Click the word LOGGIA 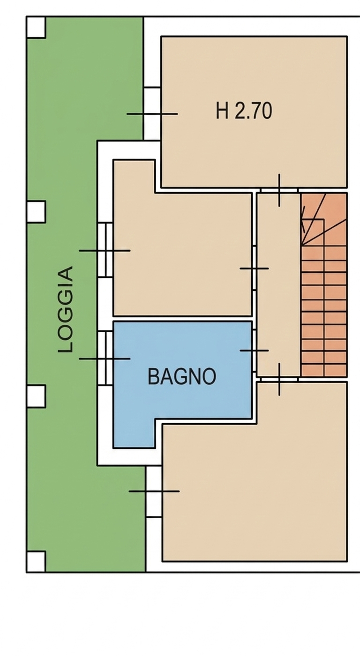pyautogui.click(x=65, y=309)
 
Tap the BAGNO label pyautogui.click(x=182, y=377)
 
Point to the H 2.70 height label pyautogui.click(x=244, y=111)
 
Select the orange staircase pyautogui.click(x=324, y=285)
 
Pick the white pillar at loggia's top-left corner pyautogui.click(x=36, y=27)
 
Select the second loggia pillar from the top pyautogui.click(x=36, y=211)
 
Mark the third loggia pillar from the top pyautogui.click(x=36, y=396)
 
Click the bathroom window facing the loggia pyautogui.click(x=105, y=358)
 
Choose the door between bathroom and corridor pyautogui.click(x=254, y=350)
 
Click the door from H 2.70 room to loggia pyautogui.click(x=152, y=113)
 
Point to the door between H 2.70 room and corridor pyautogui.click(x=279, y=190)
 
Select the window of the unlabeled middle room pyautogui.click(x=105, y=250)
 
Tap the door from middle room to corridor pyautogui.click(x=254, y=268)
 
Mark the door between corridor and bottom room pyautogui.click(x=279, y=379)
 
